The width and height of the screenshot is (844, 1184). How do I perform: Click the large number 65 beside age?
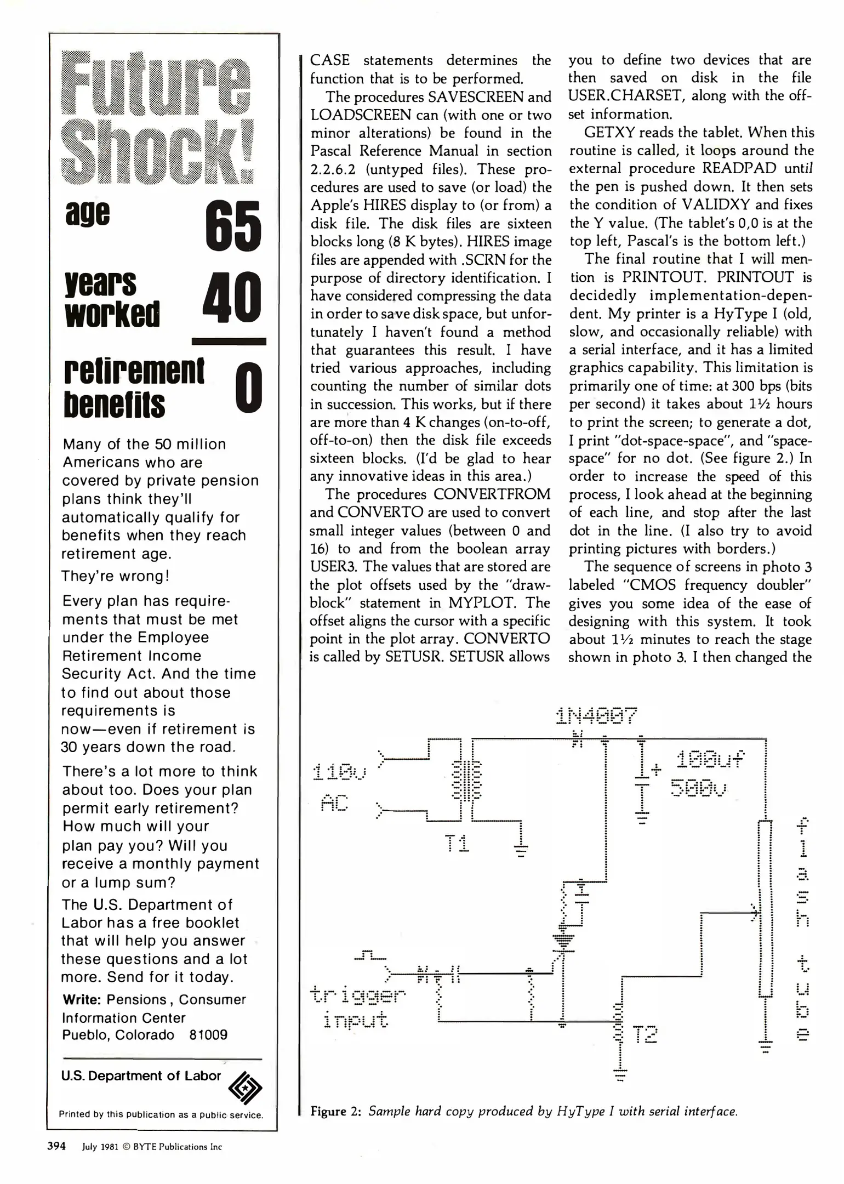(233, 226)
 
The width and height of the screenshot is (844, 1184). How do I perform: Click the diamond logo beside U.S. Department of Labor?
(245, 1088)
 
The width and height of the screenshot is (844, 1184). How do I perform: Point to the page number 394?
(56, 1146)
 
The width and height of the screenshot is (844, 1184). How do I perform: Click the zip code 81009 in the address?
(208, 1035)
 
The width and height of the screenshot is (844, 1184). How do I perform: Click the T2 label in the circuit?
(645, 1034)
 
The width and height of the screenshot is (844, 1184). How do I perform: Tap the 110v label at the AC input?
(340, 773)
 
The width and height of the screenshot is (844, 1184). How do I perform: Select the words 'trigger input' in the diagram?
(357, 1006)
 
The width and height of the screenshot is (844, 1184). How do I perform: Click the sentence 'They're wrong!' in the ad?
(116, 576)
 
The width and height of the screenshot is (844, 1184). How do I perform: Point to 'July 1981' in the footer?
(100, 1147)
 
